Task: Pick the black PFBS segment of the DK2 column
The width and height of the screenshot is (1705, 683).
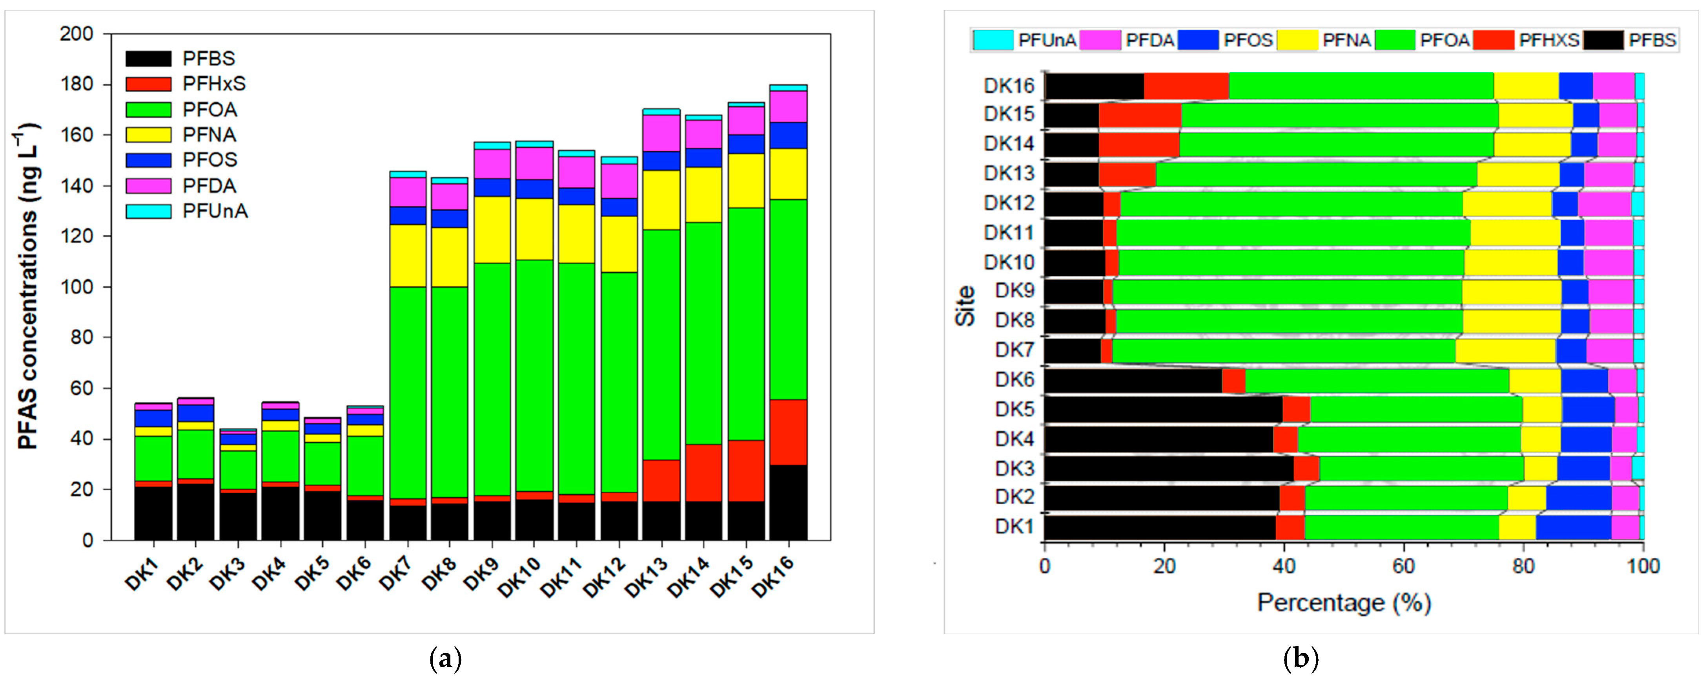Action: pyautogui.click(x=195, y=511)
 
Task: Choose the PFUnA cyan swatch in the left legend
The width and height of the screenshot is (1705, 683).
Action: pyautogui.click(x=148, y=211)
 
